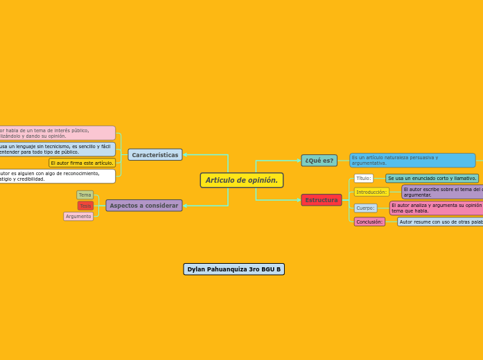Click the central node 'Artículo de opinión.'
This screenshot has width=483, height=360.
[x=241, y=180]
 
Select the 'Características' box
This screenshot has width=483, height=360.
[x=155, y=155]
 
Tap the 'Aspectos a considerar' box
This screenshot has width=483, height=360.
[x=144, y=206]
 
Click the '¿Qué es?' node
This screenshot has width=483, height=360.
[x=319, y=161]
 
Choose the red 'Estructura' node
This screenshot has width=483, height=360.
[x=322, y=200]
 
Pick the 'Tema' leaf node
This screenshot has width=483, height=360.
[x=85, y=195]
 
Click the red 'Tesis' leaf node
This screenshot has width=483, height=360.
[x=85, y=206]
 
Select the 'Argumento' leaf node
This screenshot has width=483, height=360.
[x=78, y=217]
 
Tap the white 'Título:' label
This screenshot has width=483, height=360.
[x=363, y=179]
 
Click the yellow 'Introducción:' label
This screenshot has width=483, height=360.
[x=371, y=192]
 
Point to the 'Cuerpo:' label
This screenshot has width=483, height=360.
[x=365, y=208]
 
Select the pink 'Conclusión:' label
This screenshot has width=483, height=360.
[x=369, y=222]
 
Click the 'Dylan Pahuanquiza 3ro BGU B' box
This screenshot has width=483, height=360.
[x=234, y=269]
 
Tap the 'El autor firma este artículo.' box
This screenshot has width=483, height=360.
[x=82, y=163]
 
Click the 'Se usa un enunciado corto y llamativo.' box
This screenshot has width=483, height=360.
[x=432, y=179]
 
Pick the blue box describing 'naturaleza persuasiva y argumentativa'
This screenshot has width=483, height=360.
[x=412, y=161]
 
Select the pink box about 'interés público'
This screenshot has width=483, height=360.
[x=57, y=133]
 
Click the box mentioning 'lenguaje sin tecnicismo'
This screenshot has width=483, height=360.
[x=57, y=150]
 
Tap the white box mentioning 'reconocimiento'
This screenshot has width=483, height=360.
[x=57, y=177]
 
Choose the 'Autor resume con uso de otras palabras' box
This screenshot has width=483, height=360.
[x=440, y=222]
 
